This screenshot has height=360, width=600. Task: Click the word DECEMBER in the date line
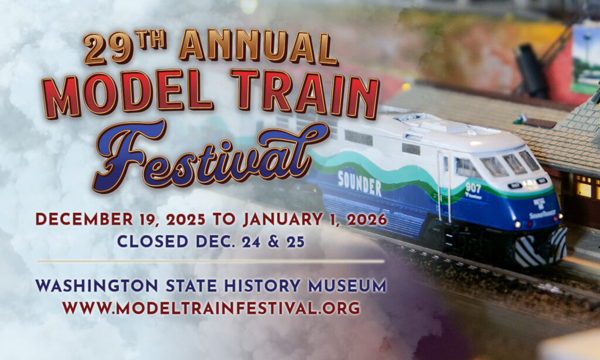[x=84, y=219]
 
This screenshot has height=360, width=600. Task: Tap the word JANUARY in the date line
[x=283, y=219]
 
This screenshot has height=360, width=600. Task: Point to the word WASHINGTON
[x=97, y=286]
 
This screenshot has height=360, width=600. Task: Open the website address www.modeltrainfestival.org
[x=211, y=308]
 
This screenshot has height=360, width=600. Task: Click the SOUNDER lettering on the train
[x=359, y=184]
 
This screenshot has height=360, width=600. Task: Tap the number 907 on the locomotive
[x=473, y=188]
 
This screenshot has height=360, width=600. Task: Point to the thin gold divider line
[x=211, y=261]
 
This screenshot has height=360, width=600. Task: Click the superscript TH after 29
[x=151, y=40]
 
